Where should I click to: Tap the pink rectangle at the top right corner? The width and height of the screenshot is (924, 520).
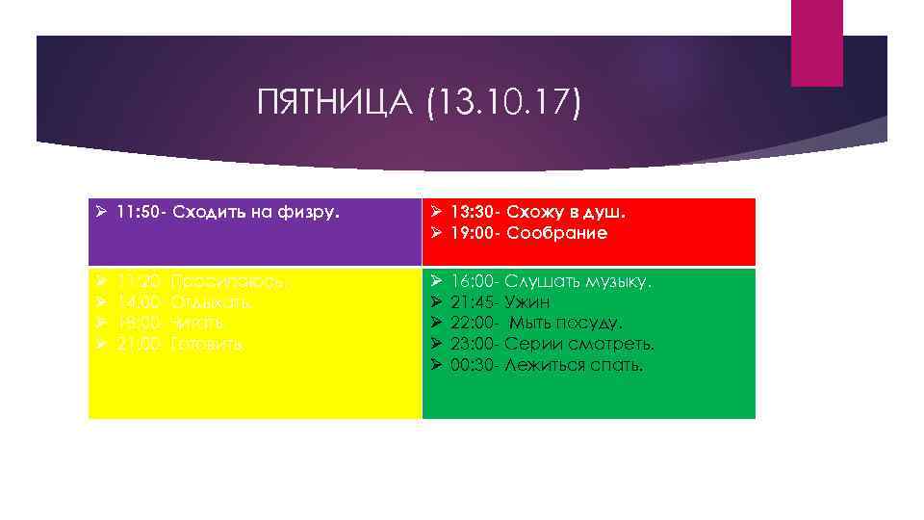point(816,42)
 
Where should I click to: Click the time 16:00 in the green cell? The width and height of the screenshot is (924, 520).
point(473,281)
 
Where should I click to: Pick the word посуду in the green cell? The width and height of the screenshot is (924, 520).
point(593,323)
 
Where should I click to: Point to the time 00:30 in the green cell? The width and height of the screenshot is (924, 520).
point(473,365)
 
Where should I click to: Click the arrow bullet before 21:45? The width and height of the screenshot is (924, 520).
point(436,302)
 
